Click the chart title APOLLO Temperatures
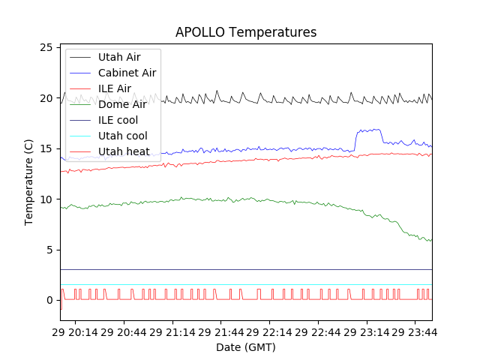245,32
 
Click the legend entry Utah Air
118,57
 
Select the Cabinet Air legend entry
127,73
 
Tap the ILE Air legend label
114,88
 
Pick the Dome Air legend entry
122,104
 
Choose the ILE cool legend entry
118,120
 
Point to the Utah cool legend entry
121,136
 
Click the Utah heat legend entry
124,151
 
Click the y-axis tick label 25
45,47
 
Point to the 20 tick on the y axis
45,98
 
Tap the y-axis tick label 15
45,148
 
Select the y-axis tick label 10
45,199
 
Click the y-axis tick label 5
49,250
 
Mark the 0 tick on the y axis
49,301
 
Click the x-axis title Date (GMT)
245,347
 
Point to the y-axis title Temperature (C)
29,182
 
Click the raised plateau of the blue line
368,130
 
